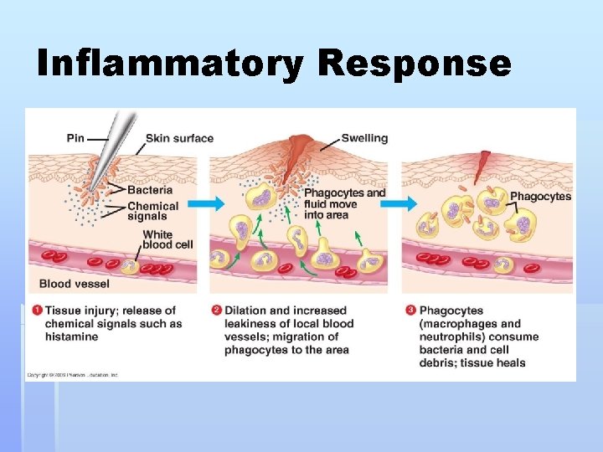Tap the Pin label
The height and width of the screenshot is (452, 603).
pyautogui.click(x=75, y=138)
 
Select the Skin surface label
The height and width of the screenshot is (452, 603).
pyautogui.click(x=179, y=138)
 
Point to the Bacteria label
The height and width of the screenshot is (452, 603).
pyautogui.click(x=151, y=191)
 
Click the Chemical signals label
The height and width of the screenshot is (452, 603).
pyautogui.click(x=152, y=211)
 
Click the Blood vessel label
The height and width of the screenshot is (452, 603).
pyautogui.click(x=75, y=284)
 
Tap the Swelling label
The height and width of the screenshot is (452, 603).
pyautogui.click(x=364, y=138)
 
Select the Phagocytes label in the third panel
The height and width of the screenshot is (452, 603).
pyautogui.click(x=540, y=197)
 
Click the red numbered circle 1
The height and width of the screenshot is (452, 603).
pyautogui.click(x=37, y=311)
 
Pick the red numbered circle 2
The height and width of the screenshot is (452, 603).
pyautogui.click(x=216, y=311)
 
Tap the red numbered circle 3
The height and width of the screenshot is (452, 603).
pyautogui.click(x=410, y=311)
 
